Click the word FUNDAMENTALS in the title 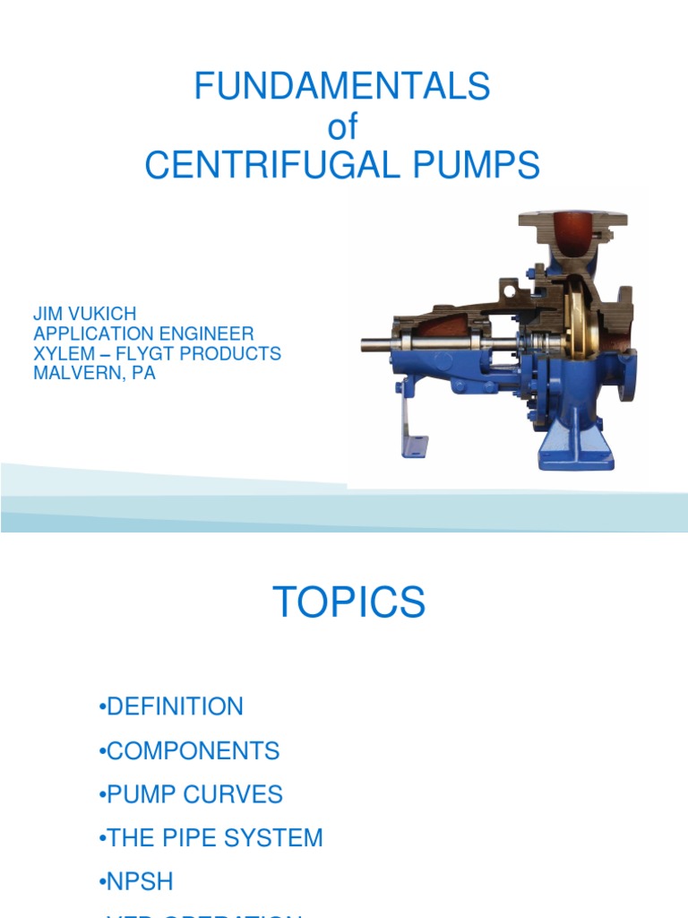(x=343, y=87)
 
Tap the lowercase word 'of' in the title (x=342, y=127)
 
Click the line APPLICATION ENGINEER (x=143, y=334)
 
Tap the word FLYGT (x=151, y=354)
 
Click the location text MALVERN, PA (x=94, y=373)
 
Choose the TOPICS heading (x=349, y=602)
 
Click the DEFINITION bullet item (x=174, y=706)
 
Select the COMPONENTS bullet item (x=193, y=750)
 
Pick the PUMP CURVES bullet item (x=193, y=794)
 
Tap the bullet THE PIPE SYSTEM (x=214, y=838)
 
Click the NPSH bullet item (x=140, y=882)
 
